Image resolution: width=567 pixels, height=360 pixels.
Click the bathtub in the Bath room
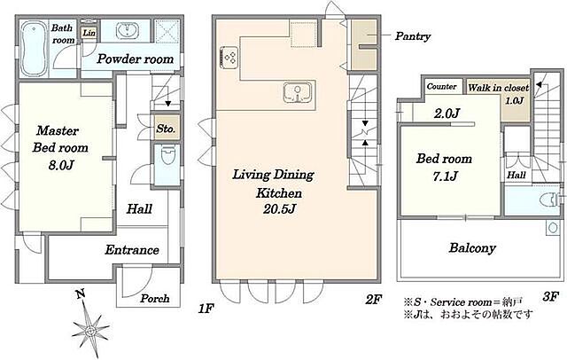tap(33, 49)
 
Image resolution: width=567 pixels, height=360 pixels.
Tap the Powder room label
tap(135, 59)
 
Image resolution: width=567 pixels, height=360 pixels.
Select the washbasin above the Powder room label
tap(127, 31)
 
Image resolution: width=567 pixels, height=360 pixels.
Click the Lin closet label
tap(89, 33)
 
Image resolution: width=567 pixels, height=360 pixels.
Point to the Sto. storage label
tap(166, 129)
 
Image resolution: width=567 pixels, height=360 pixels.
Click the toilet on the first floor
tap(167, 155)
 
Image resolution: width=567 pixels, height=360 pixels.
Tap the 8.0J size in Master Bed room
tap(61, 165)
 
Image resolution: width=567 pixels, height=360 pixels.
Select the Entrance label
tap(132, 250)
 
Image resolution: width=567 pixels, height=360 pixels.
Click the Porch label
tap(155, 299)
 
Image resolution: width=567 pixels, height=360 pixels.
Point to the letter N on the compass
tap(81, 293)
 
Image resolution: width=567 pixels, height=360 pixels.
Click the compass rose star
tap(90, 329)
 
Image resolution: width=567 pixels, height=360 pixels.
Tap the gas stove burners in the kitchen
tap(229, 58)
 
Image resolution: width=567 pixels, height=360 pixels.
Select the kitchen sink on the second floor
tap(298, 92)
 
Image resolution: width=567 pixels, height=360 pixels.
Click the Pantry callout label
tap(413, 36)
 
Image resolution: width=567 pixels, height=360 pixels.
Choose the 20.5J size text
tap(280, 209)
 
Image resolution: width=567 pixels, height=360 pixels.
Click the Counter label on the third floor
tap(441, 87)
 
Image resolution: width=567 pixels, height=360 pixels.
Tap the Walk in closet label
tap(498, 88)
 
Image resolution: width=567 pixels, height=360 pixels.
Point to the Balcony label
tap(472, 248)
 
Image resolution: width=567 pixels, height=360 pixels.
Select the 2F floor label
tap(374, 300)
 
